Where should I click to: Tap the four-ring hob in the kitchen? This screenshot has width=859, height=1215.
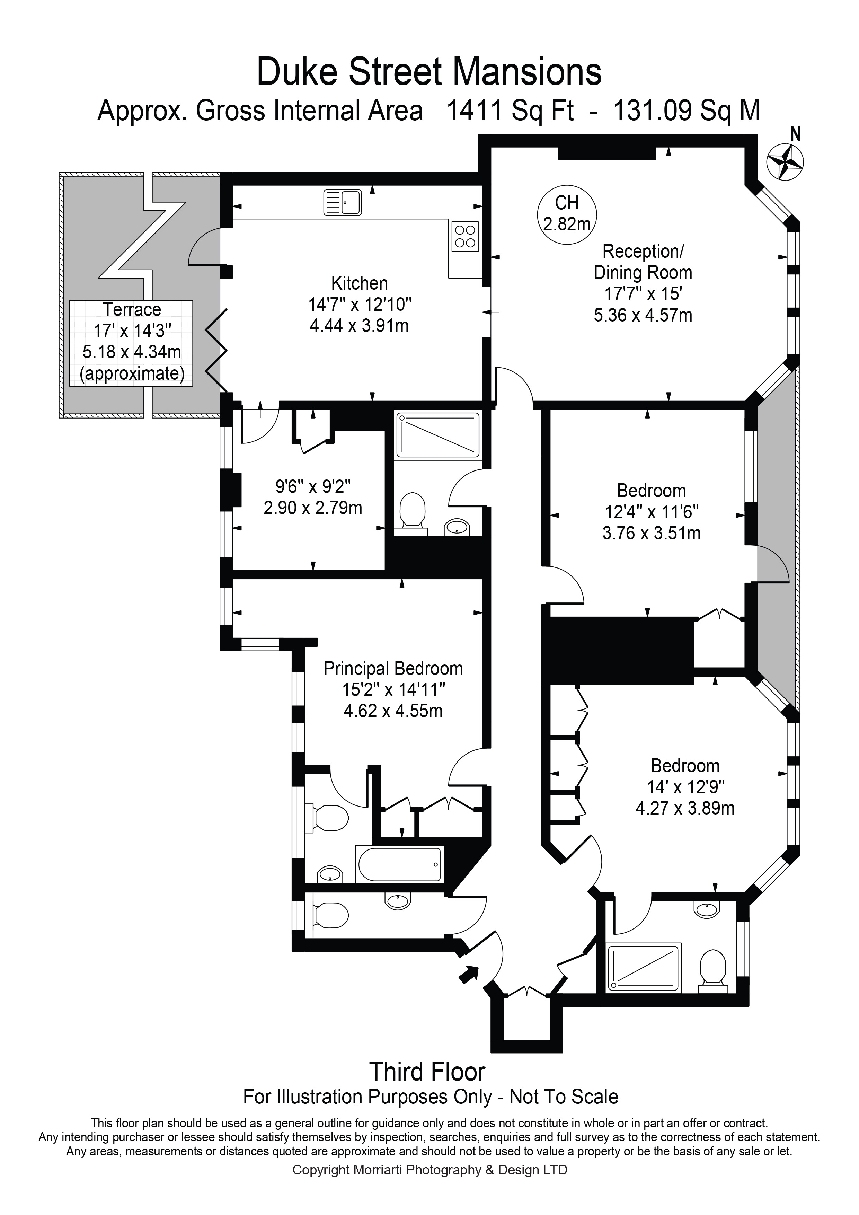[x=465, y=236]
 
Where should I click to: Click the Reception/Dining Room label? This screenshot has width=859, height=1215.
[x=643, y=262]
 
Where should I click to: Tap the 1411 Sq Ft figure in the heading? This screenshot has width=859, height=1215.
[x=511, y=112]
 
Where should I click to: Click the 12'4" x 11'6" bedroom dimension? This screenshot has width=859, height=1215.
[x=652, y=512]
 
